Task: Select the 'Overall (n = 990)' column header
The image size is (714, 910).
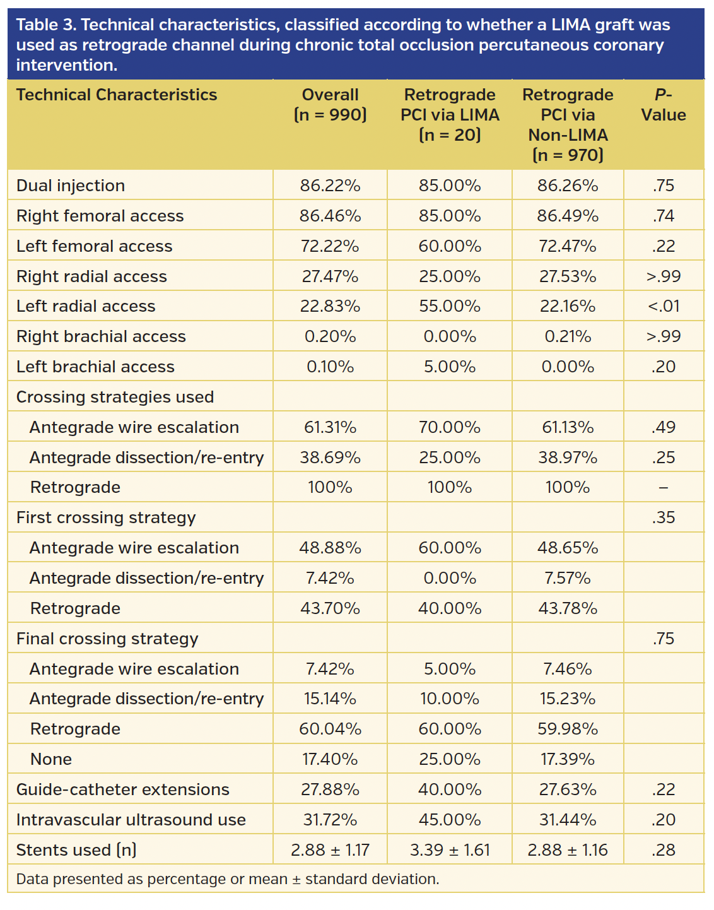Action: pos(330,105)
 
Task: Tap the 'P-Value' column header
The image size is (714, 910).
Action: pos(663,105)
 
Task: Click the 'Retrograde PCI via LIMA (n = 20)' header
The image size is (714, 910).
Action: pos(450,115)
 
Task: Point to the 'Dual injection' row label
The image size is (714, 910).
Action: pos(71,186)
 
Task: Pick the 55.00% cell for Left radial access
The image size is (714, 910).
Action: pos(450,306)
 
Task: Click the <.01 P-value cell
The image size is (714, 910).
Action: pos(664,306)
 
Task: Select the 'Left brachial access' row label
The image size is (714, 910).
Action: pos(95,367)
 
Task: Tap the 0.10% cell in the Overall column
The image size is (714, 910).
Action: pos(330,367)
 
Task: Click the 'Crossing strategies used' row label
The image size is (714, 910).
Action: pos(115,397)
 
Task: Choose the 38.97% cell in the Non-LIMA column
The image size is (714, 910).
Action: pos(568,458)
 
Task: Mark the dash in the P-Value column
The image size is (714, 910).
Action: pos(664,488)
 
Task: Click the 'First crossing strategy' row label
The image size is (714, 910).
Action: pos(106,517)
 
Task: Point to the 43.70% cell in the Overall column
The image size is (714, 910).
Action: pos(330,608)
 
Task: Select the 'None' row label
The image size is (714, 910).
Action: pos(51,759)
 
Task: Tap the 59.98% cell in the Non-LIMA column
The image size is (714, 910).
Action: pos(568,729)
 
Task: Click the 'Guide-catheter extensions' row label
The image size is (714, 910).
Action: pos(123,789)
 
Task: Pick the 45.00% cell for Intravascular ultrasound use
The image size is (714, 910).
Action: pos(450,820)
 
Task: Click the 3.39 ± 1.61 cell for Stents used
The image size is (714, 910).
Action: pos(450,850)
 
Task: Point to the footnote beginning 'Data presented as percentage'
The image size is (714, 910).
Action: pos(228,879)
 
